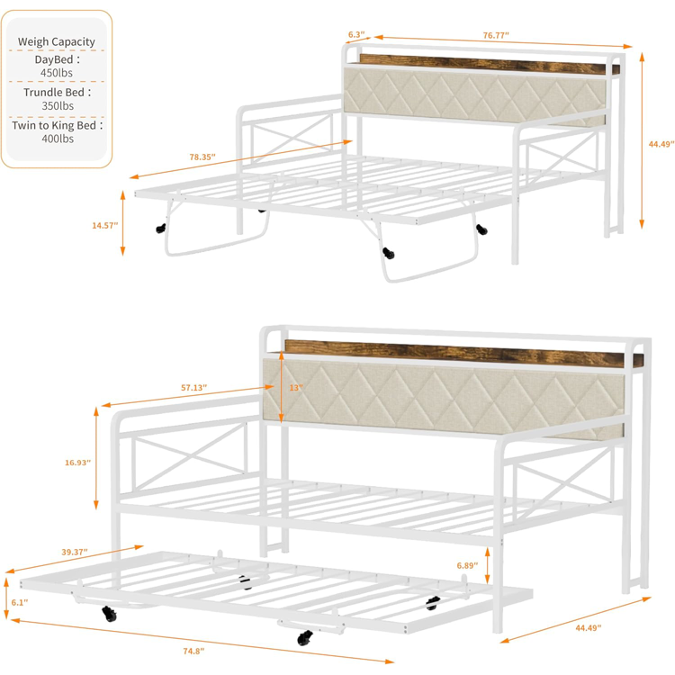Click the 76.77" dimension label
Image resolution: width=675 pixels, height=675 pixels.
click(496, 35)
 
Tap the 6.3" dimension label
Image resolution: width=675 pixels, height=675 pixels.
click(356, 34)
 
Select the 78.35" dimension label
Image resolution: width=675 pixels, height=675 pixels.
click(202, 157)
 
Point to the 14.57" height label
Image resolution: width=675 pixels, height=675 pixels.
click(105, 225)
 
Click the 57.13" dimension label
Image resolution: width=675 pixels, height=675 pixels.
click(193, 388)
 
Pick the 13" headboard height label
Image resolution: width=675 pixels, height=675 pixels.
click(296, 388)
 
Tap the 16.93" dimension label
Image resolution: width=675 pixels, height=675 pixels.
click(78, 463)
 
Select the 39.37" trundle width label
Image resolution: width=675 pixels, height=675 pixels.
click(75, 552)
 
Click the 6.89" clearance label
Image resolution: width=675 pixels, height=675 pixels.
click(467, 565)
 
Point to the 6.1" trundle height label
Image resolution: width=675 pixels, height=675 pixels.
click(20, 602)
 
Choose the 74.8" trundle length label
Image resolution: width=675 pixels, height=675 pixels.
click(193, 651)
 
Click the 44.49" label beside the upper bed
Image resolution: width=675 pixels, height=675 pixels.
click(661, 144)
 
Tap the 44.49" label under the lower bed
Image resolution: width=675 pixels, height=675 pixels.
click(589, 628)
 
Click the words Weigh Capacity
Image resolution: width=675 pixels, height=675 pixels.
click(57, 41)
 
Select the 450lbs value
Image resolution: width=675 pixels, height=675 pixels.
click(57, 73)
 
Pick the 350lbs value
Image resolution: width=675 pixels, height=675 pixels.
click(58, 106)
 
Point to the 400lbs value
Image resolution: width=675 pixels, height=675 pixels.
click(58, 139)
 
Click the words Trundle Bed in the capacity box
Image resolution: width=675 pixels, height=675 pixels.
click(54, 93)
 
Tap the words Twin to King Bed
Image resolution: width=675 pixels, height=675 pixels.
click(54, 125)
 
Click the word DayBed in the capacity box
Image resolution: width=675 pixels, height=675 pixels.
click(54, 59)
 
